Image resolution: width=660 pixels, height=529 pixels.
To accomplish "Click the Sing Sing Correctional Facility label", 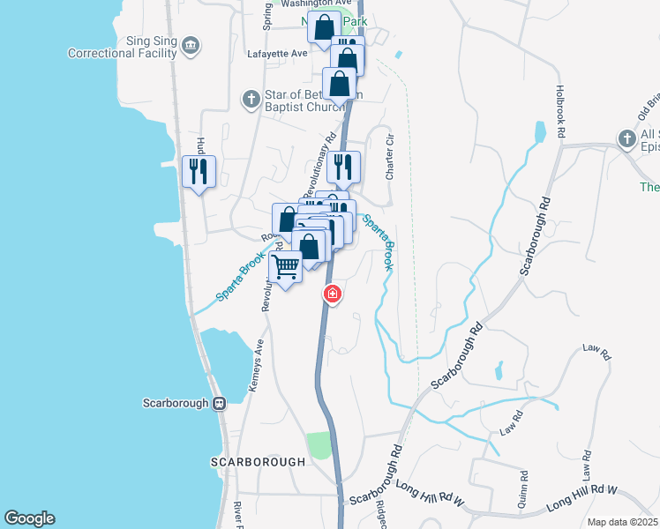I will (124, 47).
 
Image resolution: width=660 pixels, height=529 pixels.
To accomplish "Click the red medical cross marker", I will (332, 294).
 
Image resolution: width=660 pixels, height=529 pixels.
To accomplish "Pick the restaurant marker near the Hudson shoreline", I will (199, 169).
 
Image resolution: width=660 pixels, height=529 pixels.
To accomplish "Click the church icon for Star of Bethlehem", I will (251, 99).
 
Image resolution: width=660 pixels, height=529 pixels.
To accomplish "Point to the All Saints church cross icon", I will (626, 138).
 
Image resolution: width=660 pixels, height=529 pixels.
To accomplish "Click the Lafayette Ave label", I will (287, 53).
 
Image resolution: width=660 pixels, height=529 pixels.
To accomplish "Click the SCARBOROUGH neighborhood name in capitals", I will (258, 461).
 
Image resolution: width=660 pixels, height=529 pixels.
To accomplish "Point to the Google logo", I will (29, 518).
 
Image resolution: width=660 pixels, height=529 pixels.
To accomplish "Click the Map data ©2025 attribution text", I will (622, 522).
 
